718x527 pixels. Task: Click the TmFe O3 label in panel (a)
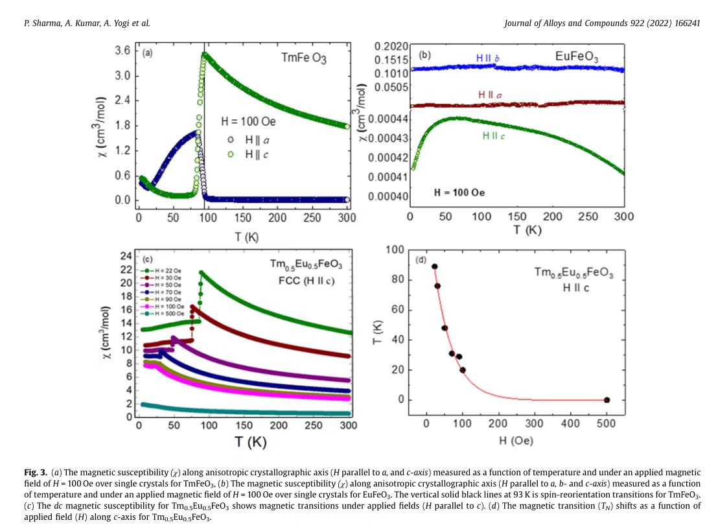click(304, 58)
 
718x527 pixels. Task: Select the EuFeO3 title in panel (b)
click(577, 57)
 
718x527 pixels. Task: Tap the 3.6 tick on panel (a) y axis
click(122, 51)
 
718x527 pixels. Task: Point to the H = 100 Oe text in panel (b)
click(459, 193)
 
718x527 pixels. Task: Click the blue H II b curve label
click(487, 58)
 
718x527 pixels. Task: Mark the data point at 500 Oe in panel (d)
click(607, 400)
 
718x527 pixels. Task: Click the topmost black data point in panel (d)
click(434, 266)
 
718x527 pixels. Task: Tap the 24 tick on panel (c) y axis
click(126, 254)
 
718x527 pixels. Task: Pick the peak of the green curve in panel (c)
click(202, 273)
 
